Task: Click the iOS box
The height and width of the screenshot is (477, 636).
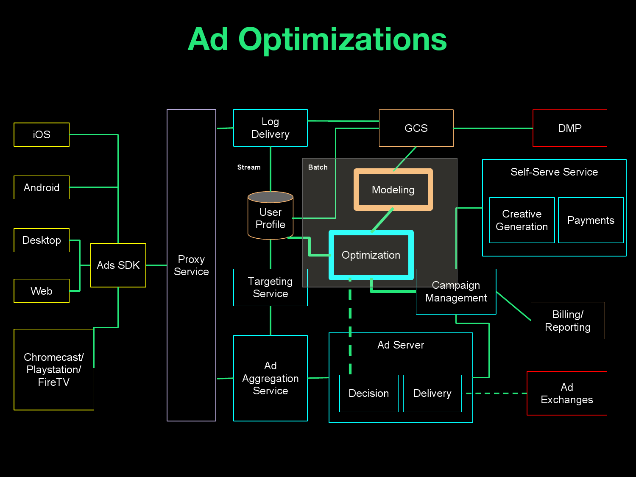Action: tap(42, 135)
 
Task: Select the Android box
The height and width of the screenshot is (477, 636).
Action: tap(42, 187)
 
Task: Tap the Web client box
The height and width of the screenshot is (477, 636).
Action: tap(42, 291)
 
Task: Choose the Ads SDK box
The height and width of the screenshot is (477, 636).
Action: tap(118, 265)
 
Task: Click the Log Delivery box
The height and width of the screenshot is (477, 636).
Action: tap(271, 128)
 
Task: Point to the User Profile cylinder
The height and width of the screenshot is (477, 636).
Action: tap(271, 217)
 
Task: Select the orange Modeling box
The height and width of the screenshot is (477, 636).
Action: tap(393, 190)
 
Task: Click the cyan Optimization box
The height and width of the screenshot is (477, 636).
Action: tap(371, 255)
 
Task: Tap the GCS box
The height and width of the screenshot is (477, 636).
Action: tap(416, 128)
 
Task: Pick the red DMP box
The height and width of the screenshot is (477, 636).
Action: tap(569, 128)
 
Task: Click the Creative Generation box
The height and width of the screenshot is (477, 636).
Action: tap(522, 220)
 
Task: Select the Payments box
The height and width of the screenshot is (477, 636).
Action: tap(591, 220)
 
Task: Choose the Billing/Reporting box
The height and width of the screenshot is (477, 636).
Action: tap(568, 321)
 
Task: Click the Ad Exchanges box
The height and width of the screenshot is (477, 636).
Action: tap(567, 393)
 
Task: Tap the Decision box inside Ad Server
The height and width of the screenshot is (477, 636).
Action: tap(369, 393)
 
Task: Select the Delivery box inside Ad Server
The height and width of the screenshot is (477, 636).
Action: tap(432, 393)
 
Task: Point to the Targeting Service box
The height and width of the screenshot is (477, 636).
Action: tap(271, 287)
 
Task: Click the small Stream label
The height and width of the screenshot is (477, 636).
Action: tap(249, 167)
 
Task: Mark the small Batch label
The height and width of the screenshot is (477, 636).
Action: tap(318, 167)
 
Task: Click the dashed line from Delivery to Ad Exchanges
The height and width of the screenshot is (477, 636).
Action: tap(496, 393)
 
